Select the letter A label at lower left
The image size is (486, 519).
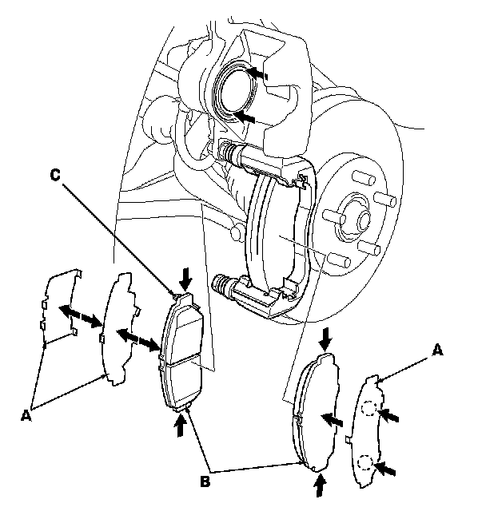click(x=26, y=414)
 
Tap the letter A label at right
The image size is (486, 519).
click(x=436, y=348)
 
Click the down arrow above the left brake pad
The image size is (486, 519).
click(x=186, y=279)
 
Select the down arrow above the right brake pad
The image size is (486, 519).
click(x=324, y=338)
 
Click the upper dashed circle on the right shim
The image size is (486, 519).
click(x=367, y=409)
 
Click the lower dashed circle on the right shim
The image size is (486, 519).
click(x=366, y=462)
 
